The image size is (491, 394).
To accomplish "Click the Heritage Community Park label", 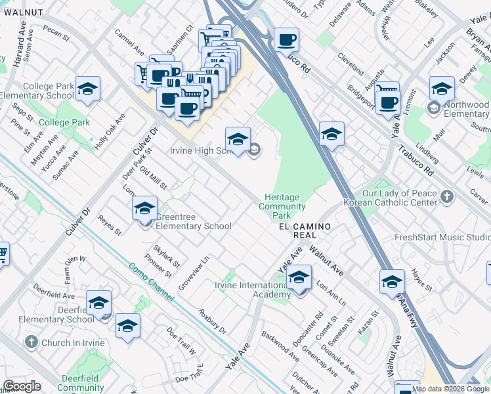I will (282, 206).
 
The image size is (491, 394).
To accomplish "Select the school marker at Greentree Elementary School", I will (144, 209).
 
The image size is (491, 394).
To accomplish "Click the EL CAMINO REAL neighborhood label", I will (298, 230).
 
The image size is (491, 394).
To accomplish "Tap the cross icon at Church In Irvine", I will (31, 342).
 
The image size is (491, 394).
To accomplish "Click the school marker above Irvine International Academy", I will (299, 277).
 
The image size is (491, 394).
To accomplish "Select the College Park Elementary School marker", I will (87, 89).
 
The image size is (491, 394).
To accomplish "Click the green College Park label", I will (64, 123).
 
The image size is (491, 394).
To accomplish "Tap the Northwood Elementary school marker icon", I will (442, 89).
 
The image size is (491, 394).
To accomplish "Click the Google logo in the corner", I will (22, 386).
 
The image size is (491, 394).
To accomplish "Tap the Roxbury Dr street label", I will (212, 321).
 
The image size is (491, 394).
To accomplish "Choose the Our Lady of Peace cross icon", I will (446, 196).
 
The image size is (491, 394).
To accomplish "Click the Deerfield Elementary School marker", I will (98, 303).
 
